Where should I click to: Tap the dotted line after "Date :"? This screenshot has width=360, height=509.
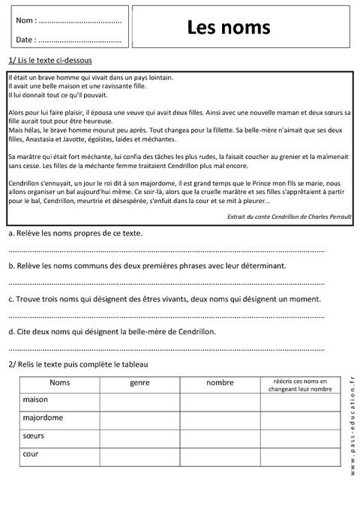[79, 40]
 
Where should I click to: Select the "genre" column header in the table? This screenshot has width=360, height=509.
[140, 383]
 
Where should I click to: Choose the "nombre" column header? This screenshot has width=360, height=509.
[220, 383]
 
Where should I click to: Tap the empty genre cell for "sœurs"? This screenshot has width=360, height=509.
[140, 436]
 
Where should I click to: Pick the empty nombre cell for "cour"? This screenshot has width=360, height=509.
[220, 454]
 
